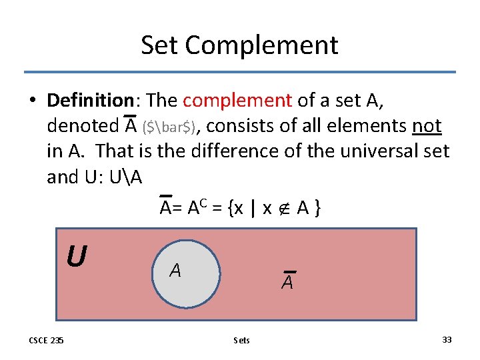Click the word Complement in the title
[261, 46]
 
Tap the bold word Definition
[91, 100]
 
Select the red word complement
[237, 100]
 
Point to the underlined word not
[427, 125]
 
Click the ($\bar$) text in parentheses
[169, 127]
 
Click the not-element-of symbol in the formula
[283, 209]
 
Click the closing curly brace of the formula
[318, 209]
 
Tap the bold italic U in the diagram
[77, 255]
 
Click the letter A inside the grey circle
[175, 270]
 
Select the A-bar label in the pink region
[288, 282]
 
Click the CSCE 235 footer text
[47, 340]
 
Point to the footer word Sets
[242, 340]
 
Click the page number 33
[447, 339]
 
